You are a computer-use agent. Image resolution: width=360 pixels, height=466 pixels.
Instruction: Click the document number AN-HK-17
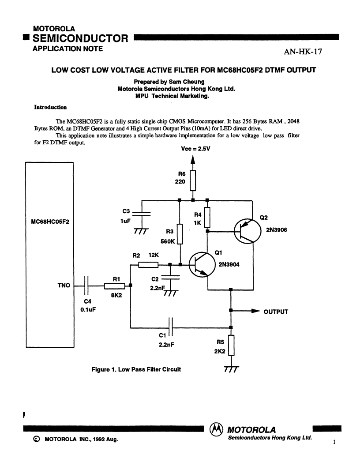[x=303, y=52]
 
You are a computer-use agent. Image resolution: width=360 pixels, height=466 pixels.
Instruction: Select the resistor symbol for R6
[x=193, y=180]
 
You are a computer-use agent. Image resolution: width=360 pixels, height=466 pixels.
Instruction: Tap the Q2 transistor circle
[x=247, y=231]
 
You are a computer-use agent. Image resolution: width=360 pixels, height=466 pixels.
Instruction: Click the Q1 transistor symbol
[x=202, y=264]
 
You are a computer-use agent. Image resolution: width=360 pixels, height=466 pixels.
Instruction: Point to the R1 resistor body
[x=114, y=286]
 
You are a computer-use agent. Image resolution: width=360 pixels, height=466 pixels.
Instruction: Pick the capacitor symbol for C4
[x=86, y=286]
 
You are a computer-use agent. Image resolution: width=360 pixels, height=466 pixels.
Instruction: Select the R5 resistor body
[x=231, y=345]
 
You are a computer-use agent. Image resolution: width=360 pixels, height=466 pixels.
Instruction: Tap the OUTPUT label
[x=276, y=312]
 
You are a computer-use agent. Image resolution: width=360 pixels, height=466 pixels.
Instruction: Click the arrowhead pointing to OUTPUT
[x=256, y=311]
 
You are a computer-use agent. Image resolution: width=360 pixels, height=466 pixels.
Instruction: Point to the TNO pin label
[x=64, y=286]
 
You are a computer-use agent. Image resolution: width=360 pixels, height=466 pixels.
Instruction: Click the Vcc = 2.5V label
[x=195, y=149]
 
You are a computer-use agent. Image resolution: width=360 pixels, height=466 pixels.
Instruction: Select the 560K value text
[x=168, y=241]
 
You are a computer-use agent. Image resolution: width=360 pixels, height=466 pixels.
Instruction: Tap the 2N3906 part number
[x=277, y=230]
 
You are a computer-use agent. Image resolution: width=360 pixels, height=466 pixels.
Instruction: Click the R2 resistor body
[x=148, y=264]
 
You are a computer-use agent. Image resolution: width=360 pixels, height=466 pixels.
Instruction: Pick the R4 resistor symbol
[x=207, y=218]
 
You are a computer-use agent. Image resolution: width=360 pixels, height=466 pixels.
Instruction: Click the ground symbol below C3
[x=141, y=231]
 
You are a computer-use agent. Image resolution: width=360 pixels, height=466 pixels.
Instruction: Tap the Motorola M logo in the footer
[x=217, y=429]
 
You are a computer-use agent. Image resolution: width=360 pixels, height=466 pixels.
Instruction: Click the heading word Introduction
[x=50, y=107]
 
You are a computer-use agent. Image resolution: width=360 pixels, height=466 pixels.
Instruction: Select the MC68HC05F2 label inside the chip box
[x=50, y=222]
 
